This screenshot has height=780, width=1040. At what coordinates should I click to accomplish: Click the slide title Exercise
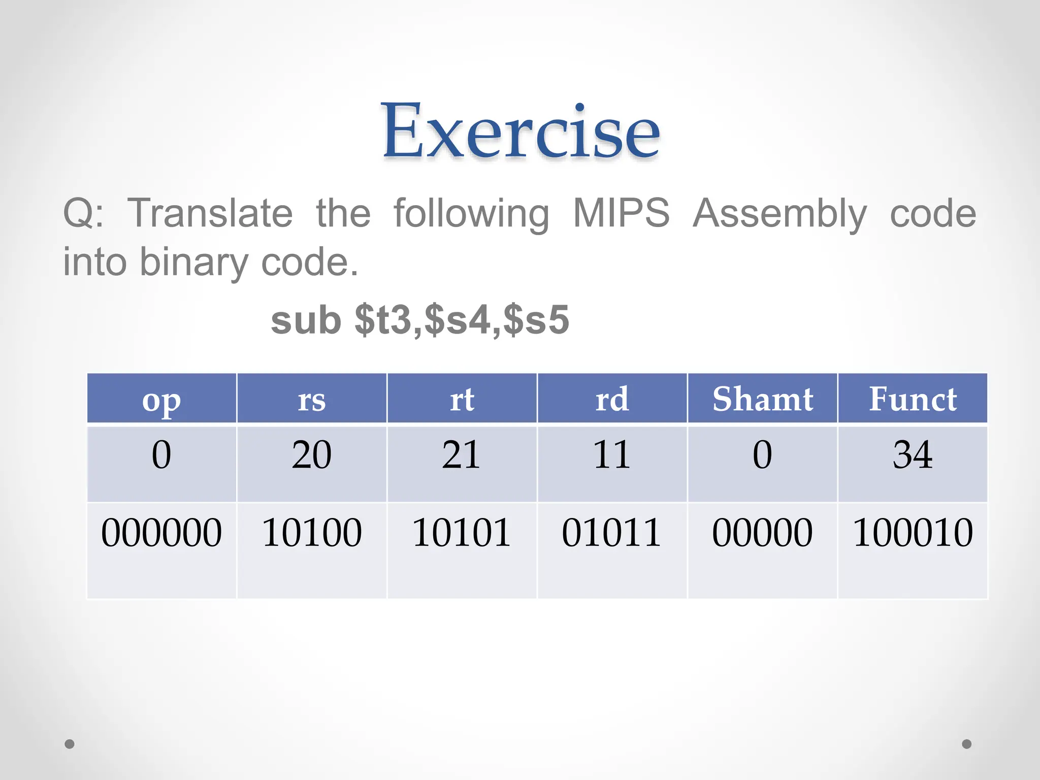click(521, 131)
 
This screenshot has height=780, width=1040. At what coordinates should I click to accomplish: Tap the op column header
click(161, 400)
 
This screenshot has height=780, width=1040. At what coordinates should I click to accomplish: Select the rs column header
click(311, 400)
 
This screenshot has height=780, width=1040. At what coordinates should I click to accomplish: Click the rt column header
click(462, 400)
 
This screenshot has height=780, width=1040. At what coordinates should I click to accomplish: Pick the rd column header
click(612, 400)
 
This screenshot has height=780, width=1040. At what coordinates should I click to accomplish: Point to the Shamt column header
click(762, 400)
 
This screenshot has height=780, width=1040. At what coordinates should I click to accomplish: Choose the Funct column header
click(913, 400)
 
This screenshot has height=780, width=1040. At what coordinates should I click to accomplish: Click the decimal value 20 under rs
click(311, 454)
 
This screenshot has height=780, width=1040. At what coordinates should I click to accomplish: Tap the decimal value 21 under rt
click(462, 454)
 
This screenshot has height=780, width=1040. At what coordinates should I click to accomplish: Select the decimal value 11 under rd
click(612, 454)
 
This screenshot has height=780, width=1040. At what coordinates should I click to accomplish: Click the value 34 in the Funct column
click(913, 454)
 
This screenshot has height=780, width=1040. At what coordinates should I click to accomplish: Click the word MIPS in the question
click(621, 213)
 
